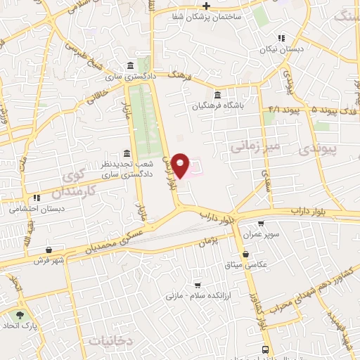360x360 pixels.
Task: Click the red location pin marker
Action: (181, 165)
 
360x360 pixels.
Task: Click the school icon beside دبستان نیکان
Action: (281, 39)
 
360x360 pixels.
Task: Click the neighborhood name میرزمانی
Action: (255, 146)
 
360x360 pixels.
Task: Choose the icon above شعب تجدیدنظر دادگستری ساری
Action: (127, 153)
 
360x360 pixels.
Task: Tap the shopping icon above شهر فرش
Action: (49, 250)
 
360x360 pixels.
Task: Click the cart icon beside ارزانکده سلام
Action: (198, 285)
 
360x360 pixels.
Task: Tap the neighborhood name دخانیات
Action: (112, 340)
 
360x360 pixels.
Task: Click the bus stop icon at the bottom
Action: (264, 349)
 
